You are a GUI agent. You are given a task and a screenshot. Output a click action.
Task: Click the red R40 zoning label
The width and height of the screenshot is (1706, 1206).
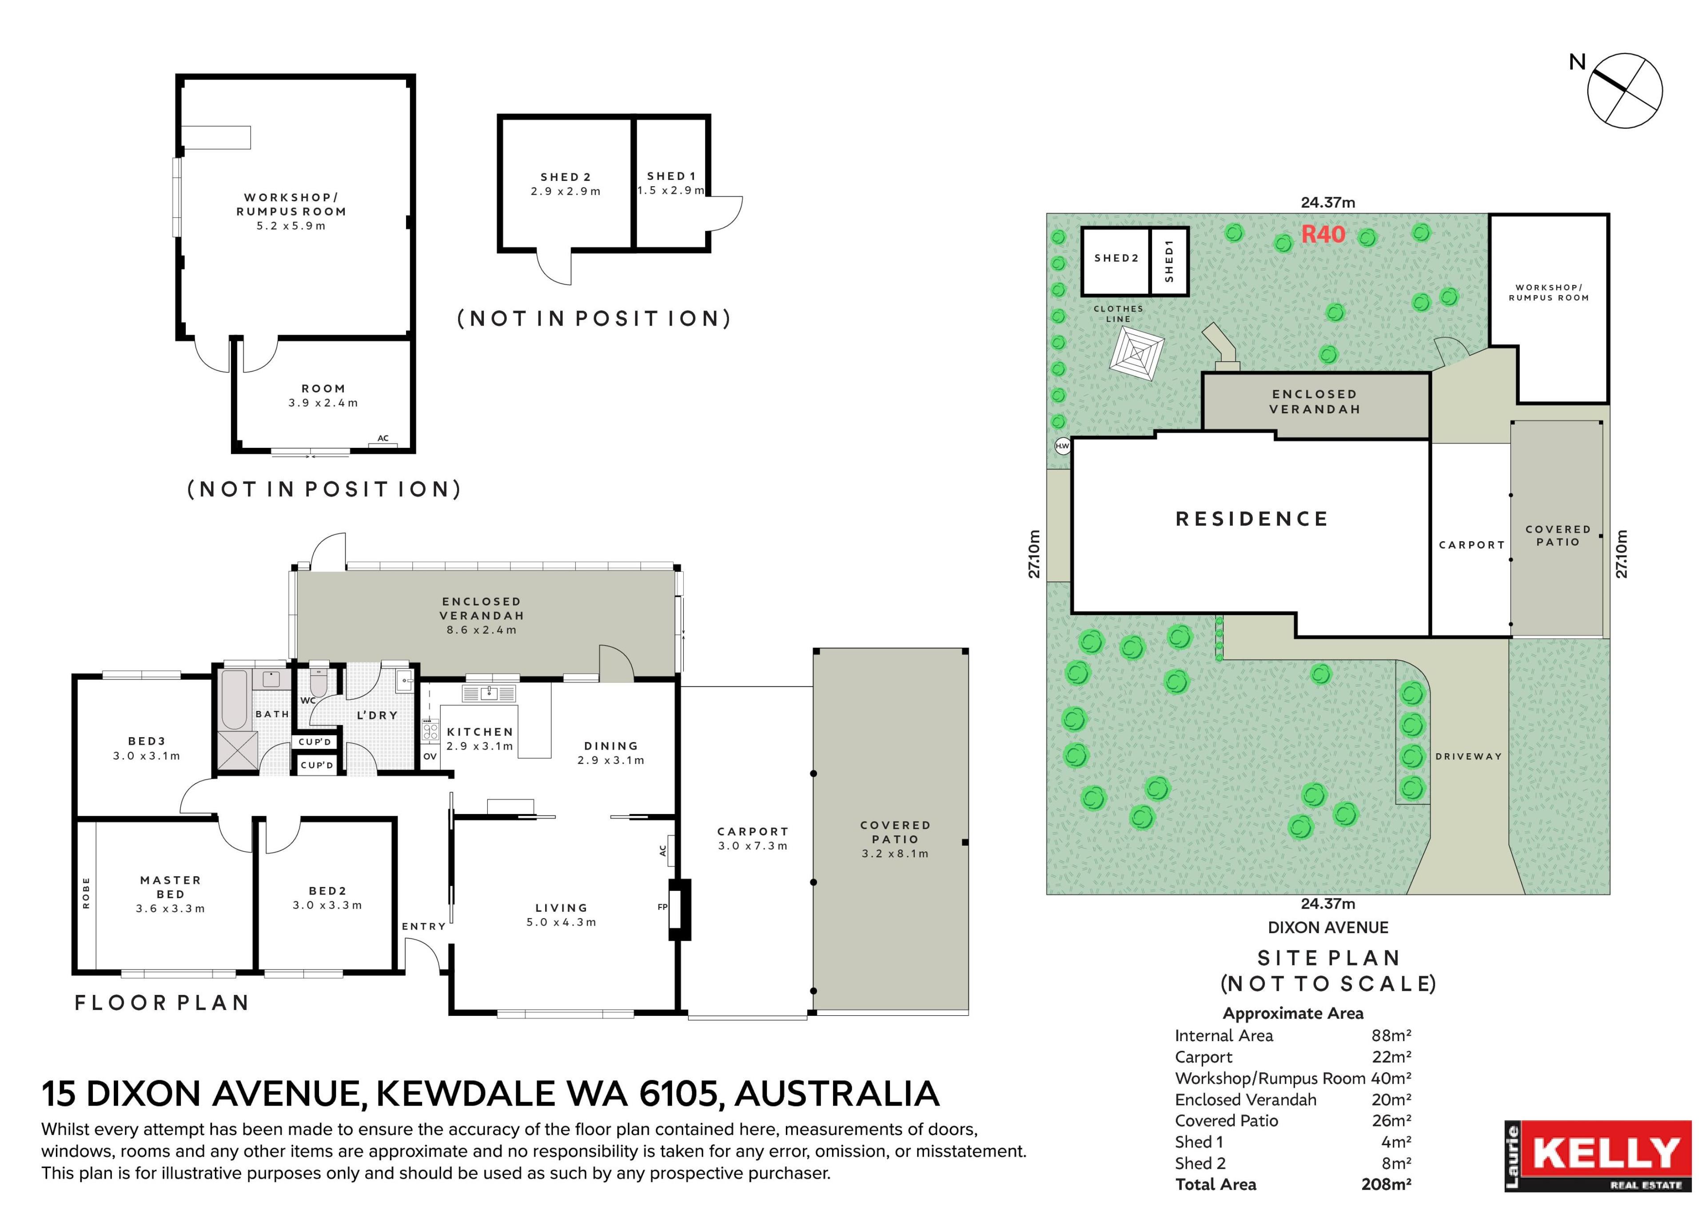click(1323, 234)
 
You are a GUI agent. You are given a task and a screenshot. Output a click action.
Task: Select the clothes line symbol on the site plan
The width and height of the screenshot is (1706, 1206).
click(1136, 355)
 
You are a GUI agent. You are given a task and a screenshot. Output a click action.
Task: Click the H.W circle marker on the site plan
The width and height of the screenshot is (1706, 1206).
click(1063, 446)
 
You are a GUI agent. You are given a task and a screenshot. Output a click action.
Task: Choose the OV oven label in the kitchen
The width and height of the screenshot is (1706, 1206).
click(430, 756)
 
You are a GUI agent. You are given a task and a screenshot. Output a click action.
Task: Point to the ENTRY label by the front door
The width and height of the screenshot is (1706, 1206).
click(423, 926)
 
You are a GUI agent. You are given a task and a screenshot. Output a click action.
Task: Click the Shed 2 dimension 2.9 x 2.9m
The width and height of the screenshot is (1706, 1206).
click(566, 192)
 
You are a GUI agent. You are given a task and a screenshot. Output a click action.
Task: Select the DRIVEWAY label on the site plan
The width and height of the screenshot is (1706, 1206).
click(1468, 756)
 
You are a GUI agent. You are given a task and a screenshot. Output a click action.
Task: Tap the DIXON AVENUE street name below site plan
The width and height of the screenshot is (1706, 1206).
click(1328, 927)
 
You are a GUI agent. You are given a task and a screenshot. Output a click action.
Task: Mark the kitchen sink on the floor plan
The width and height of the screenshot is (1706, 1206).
click(488, 693)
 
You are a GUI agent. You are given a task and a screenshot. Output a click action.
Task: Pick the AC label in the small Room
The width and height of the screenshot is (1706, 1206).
click(383, 439)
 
